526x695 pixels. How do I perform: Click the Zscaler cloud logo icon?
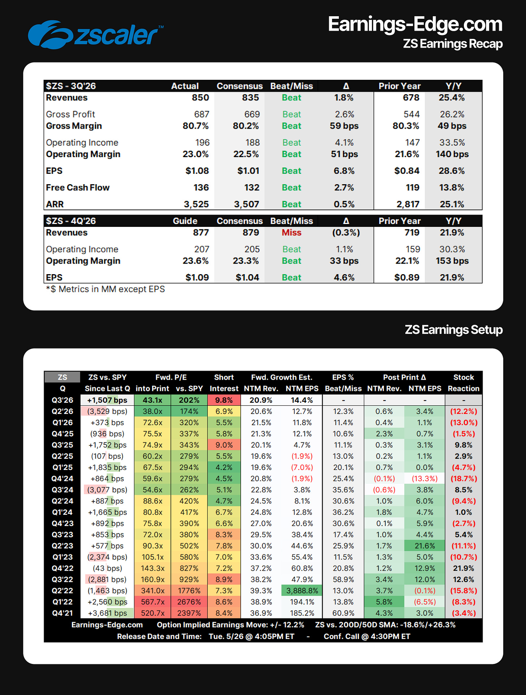click(51, 35)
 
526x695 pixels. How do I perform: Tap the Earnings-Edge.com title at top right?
click(415, 24)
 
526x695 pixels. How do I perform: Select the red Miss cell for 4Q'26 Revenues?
click(292, 233)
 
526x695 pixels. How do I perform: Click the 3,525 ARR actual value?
click(196, 204)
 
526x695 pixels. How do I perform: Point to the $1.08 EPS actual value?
click(197, 171)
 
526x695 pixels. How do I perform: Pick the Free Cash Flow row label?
click(78, 187)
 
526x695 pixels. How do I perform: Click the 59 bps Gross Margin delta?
click(344, 126)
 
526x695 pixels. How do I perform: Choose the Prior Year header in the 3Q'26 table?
click(400, 86)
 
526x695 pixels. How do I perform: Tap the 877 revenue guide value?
click(201, 233)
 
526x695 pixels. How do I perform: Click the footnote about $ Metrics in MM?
click(105, 289)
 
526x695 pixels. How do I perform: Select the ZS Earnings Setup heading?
click(454, 330)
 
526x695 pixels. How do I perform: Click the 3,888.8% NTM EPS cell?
click(302, 591)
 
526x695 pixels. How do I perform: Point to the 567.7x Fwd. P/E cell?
click(153, 602)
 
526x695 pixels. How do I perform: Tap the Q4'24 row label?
click(62, 479)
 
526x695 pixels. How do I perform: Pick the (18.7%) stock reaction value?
click(464, 479)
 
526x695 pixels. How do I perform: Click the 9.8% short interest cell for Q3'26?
click(224, 400)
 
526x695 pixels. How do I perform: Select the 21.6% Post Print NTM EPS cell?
click(425, 546)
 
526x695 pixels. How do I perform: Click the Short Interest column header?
click(224, 383)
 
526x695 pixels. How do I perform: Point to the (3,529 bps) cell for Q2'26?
click(107, 411)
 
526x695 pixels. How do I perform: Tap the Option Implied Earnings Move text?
click(230, 625)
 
